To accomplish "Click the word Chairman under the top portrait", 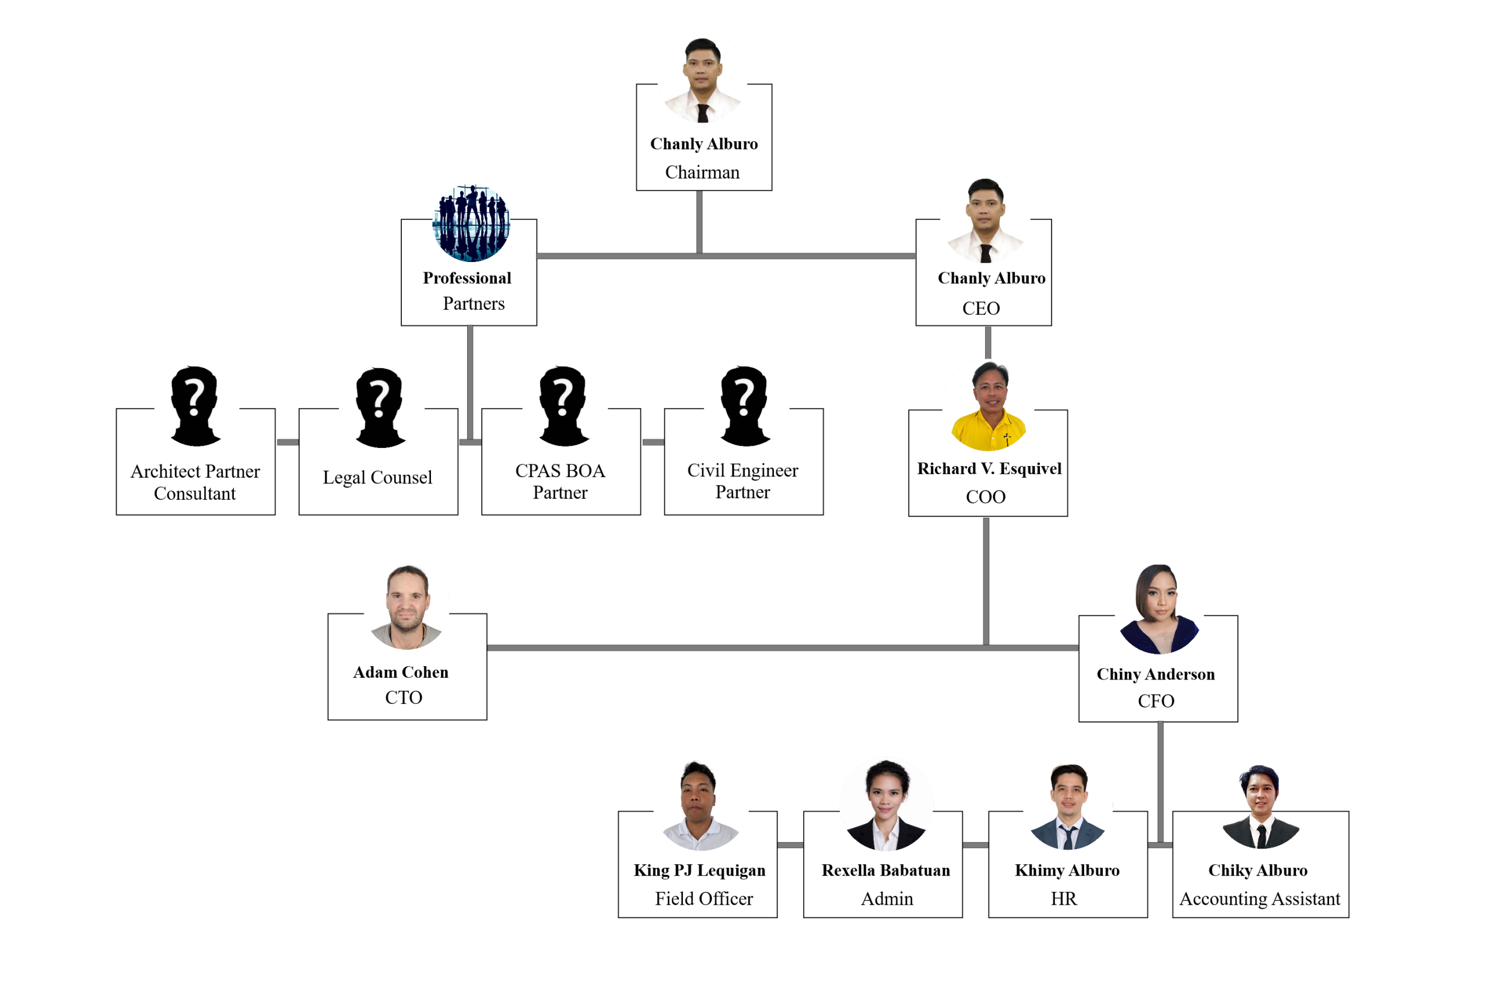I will (702, 172).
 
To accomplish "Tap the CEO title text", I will (981, 309).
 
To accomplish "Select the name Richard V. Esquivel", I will (989, 468).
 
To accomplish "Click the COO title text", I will (986, 497).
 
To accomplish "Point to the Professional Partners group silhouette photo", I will (471, 223).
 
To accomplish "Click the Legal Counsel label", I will (377, 477).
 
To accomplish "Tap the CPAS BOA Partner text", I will (560, 482).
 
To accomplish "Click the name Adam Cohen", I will (401, 672).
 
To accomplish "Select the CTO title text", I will (404, 698).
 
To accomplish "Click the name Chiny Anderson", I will (1155, 674).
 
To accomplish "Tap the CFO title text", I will (1156, 701).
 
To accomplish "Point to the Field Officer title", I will (704, 899).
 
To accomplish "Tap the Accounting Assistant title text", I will (1260, 899).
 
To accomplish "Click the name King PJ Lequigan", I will (699, 870).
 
